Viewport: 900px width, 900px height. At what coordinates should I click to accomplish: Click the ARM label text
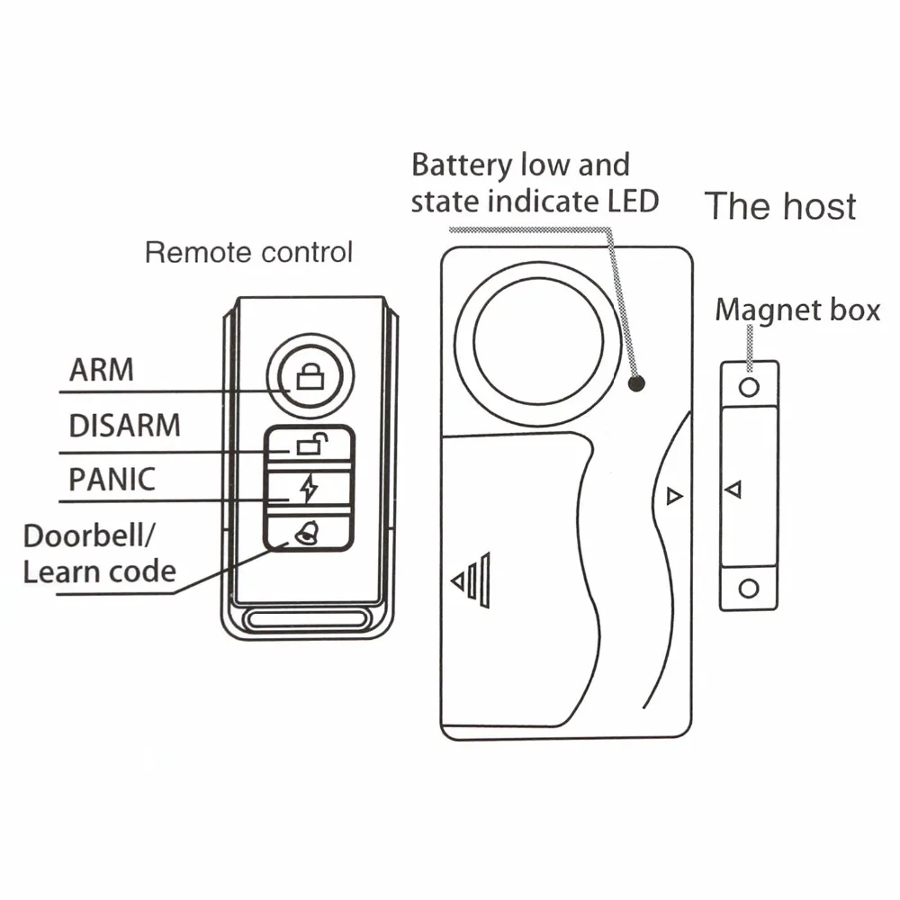(101, 369)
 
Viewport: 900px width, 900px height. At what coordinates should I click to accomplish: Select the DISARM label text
(124, 424)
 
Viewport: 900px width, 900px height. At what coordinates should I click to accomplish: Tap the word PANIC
(112, 478)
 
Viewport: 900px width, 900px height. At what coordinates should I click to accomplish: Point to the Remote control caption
(248, 252)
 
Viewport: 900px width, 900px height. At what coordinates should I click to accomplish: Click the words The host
(779, 206)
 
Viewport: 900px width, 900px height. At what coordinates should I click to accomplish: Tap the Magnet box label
(796, 310)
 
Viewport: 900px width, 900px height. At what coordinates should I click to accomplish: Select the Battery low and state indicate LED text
(535, 183)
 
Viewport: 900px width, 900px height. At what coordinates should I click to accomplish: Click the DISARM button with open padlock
(308, 444)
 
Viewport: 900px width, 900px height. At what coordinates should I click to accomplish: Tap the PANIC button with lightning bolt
(309, 489)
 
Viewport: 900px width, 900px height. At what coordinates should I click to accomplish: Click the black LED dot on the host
(636, 384)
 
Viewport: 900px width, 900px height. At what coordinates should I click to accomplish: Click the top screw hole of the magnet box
(749, 387)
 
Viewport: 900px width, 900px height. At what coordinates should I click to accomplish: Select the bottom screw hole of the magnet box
(749, 589)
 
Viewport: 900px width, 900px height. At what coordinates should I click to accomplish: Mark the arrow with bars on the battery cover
(471, 580)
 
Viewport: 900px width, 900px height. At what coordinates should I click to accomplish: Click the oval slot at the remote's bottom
(309, 620)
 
